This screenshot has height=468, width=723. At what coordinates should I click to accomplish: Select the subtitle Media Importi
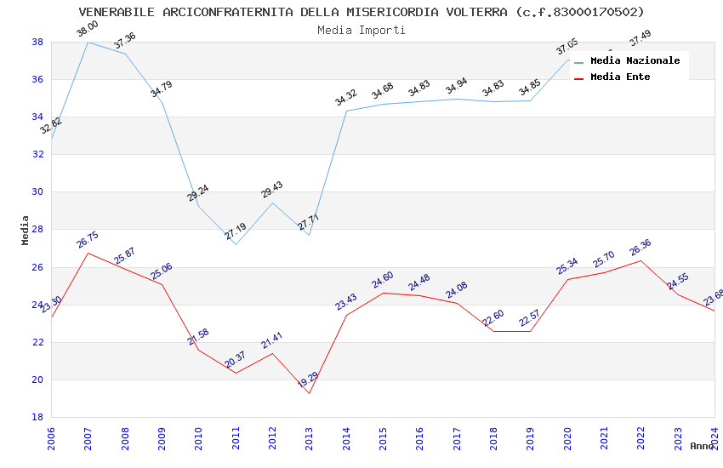361,30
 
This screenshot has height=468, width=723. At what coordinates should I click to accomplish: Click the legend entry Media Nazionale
635,60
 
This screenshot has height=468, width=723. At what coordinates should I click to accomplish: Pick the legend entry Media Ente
620,77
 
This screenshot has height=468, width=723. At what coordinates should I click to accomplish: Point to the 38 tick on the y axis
37,42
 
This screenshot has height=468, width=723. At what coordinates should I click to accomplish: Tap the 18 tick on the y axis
37,417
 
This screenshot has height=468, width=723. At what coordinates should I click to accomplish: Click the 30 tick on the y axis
37,191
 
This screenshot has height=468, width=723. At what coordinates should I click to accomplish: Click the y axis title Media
26,230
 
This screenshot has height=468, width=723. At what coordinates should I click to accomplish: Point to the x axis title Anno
702,446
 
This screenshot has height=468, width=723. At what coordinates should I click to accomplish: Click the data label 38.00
88,29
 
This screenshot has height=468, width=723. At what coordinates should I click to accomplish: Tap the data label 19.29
308,378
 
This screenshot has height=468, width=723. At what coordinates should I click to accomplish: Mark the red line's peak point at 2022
640,260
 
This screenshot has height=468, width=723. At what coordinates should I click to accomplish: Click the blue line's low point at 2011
236,244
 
